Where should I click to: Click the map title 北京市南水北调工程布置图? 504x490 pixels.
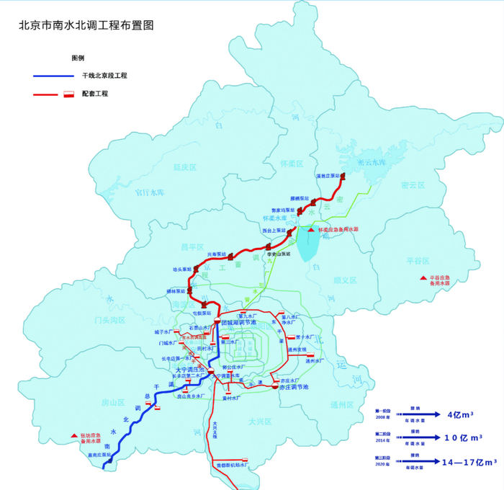pyautogui.click(x=86, y=24)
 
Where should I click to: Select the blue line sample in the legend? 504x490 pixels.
pyautogui.click(x=53, y=75)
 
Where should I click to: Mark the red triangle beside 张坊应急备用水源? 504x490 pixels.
pyautogui.click(x=73, y=435)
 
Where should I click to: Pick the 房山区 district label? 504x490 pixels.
pyautogui.click(x=113, y=401)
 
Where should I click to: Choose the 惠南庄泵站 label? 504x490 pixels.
pyautogui.click(x=97, y=455)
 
